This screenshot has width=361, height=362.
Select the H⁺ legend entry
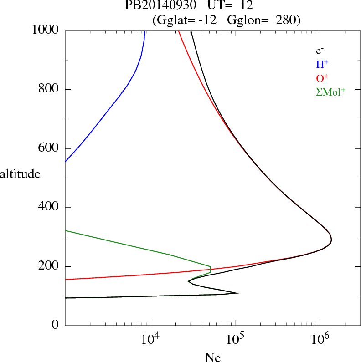[x=322, y=64]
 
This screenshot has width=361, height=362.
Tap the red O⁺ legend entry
[x=322, y=78]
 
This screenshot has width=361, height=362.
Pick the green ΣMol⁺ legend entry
[x=330, y=92]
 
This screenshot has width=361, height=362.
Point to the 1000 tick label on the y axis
[x=46, y=30]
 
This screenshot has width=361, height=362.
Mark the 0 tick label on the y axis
[x=56, y=325]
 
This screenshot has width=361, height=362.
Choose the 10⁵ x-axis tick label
[x=235, y=340]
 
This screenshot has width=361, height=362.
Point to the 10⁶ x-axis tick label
[x=320, y=340]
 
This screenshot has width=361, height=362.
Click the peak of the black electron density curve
[x=331, y=240]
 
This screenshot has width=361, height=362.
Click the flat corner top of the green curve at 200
[x=210, y=267]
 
